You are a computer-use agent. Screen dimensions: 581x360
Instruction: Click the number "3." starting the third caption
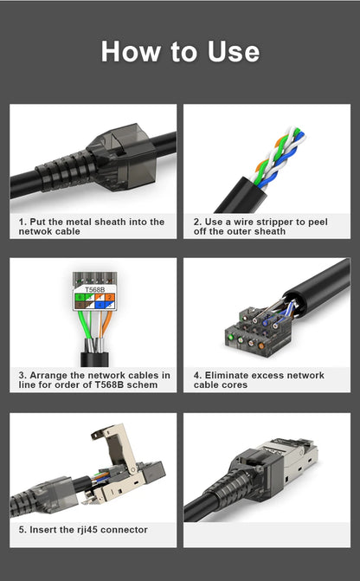pos(23,375)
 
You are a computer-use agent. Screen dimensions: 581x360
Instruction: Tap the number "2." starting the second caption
pos(197,222)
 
